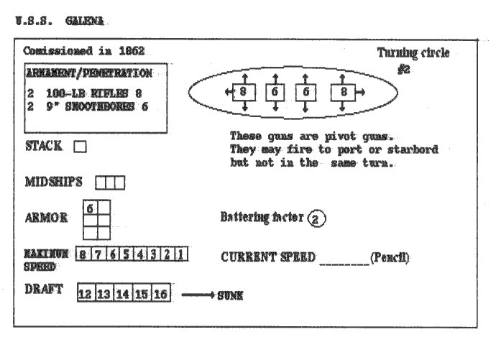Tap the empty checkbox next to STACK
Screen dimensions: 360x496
(81, 147)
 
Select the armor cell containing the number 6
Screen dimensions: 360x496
(91, 207)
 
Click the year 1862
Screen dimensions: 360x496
(129, 51)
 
